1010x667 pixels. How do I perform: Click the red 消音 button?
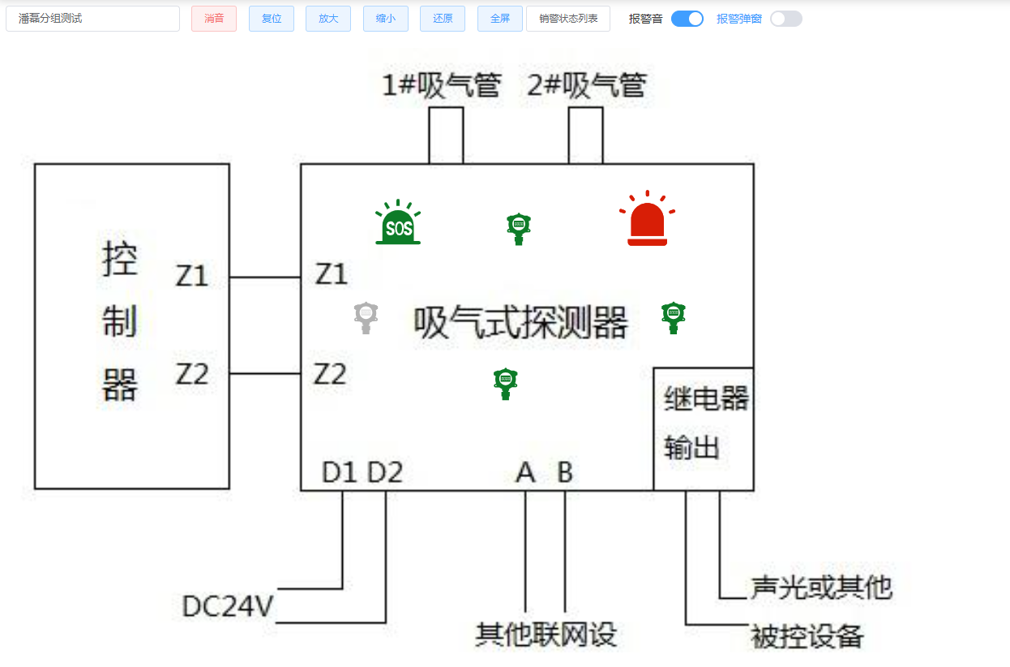(x=214, y=19)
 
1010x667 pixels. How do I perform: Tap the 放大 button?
(x=328, y=19)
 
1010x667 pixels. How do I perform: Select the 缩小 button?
(x=385, y=19)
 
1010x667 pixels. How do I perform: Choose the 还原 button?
(x=443, y=19)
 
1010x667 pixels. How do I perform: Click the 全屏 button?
(x=500, y=19)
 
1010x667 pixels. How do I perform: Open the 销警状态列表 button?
(x=568, y=19)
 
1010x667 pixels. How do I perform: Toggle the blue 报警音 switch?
(x=687, y=19)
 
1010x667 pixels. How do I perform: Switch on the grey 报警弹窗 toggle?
(x=785, y=19)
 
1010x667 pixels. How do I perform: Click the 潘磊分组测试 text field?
(x=92, y=19)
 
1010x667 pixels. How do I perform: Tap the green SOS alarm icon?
(x=398, y=223)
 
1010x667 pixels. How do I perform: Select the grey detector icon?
(x=366, y=316)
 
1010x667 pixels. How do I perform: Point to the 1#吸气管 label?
(x=442, y=85)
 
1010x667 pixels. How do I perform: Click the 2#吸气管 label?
(x=587, y=85)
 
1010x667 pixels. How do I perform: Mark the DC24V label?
(x=229, y=606)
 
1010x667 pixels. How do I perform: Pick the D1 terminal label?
(x=340, y=472)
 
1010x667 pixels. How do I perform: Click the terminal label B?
(x=565, y=472)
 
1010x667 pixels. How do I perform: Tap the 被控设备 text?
(x=807, y=636)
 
